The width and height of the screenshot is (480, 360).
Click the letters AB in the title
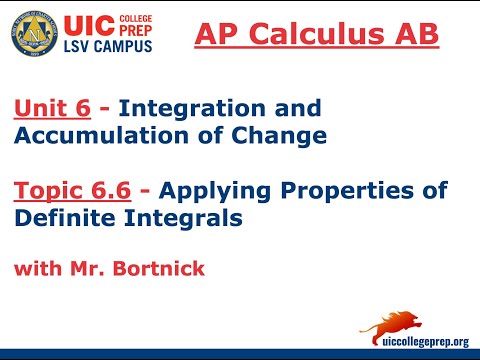(x=414, y=34)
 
